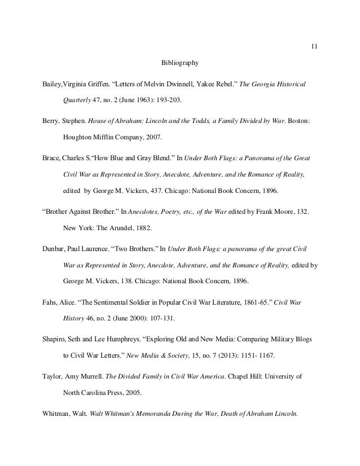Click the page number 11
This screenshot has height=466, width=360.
click(314, 46)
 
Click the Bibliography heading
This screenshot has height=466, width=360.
click(179, 61)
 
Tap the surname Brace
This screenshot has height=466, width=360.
click(52, 156)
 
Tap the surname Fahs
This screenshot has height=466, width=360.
click(50, 303)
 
